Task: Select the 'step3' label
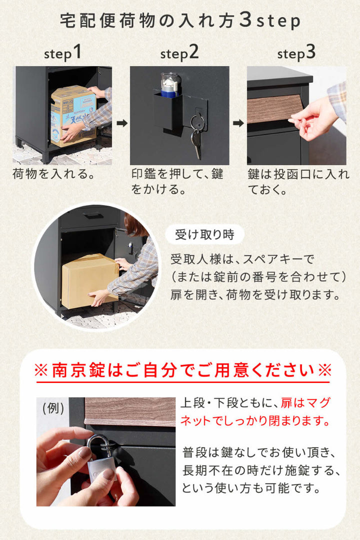pos(296,52)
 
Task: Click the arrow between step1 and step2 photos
pos(121,122)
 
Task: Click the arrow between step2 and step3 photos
pos(238,122)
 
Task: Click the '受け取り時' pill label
pos(205,234)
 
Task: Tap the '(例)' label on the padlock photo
pos(52,408)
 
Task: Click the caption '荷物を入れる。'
pos(53,174)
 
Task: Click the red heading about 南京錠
pos(182,370)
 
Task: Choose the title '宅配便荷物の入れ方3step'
pos(180,21)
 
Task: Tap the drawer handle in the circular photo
pos(93,215)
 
